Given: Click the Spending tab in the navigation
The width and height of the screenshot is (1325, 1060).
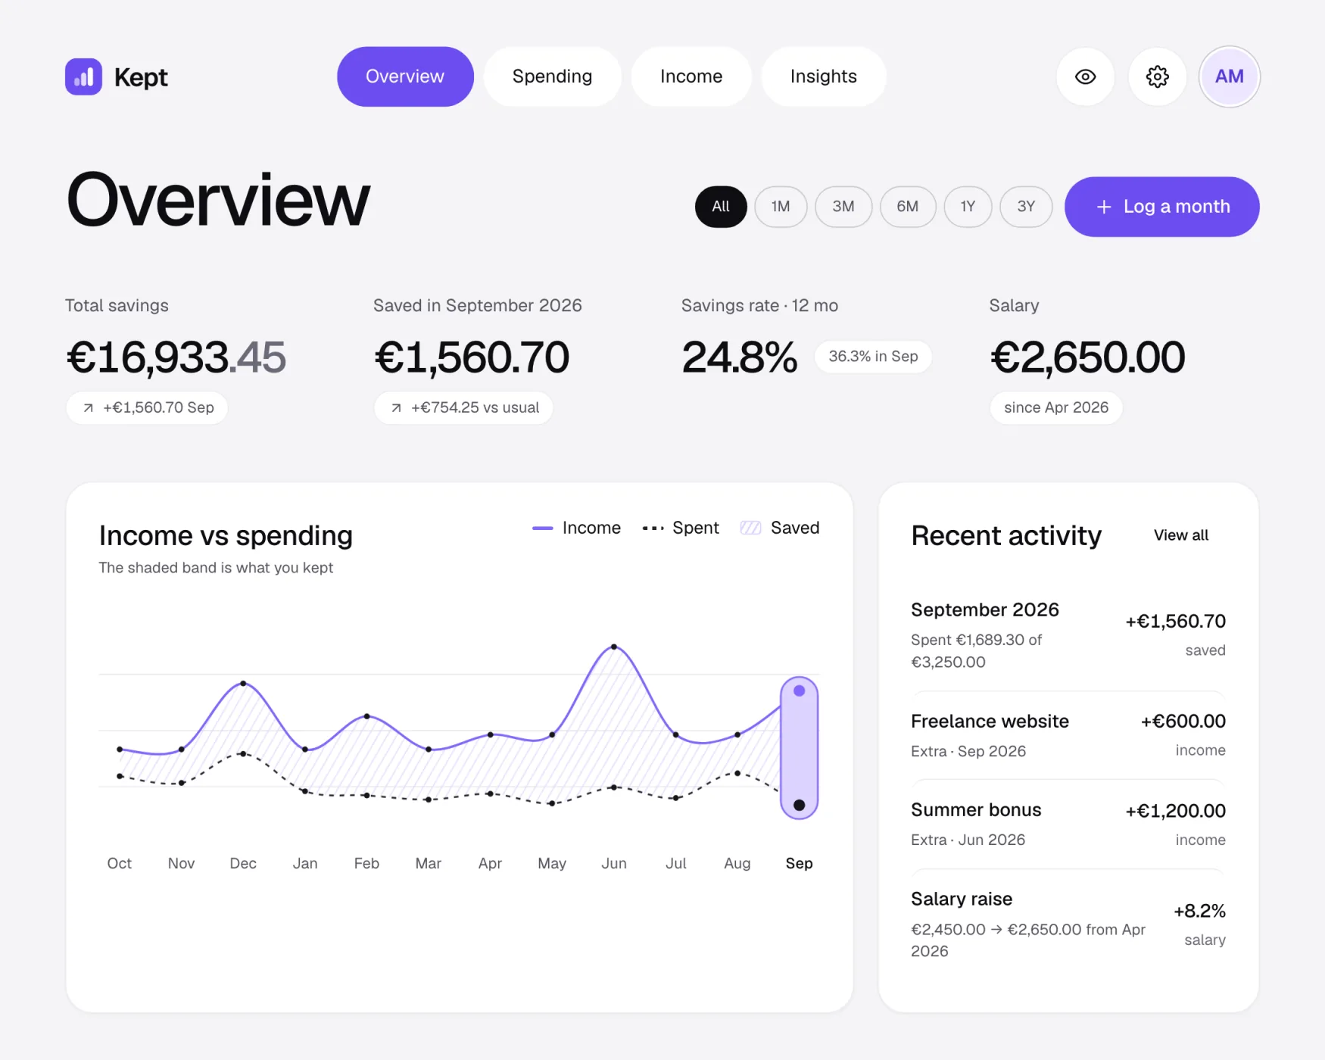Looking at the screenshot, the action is tap(552, 76).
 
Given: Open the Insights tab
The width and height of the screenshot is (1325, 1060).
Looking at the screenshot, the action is tap(823, 76).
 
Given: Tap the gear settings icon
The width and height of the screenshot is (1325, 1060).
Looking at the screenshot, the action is tap(1157, 76).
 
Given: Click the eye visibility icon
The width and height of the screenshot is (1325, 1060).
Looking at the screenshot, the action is tap(1085, 76).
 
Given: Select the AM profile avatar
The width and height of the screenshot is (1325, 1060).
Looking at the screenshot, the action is tap(1229, 76).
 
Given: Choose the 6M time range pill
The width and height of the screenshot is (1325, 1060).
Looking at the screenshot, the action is tap(907, 207).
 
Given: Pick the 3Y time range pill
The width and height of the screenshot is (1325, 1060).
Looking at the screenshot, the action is tap(1026, 207).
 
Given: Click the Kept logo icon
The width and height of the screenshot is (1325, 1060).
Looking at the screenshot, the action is tap(83, 76).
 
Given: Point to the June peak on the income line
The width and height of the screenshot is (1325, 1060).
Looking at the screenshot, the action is tap(614, 647).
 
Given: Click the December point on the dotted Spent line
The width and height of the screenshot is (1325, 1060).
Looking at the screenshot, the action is tap(243, 753).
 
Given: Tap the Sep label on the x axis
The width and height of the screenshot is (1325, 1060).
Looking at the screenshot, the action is tap(799, 863).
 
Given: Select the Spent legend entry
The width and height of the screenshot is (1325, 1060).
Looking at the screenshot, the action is tap(680, 528).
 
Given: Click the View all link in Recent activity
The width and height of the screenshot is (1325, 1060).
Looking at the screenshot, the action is tap(1180, 535).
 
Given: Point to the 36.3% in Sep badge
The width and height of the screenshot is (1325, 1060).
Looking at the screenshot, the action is tap(873, 357).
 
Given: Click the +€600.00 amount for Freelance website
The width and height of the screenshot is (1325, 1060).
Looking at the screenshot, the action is tap(1183, 722).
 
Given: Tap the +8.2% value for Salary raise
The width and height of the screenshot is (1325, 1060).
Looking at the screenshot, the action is tap(1199, 911).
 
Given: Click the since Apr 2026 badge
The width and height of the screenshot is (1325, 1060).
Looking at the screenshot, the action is tap(1056, 407).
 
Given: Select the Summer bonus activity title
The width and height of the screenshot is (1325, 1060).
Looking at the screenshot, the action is tap(976, 810).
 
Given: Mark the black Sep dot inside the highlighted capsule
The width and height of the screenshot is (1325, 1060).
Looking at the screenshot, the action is tap(799, 805).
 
